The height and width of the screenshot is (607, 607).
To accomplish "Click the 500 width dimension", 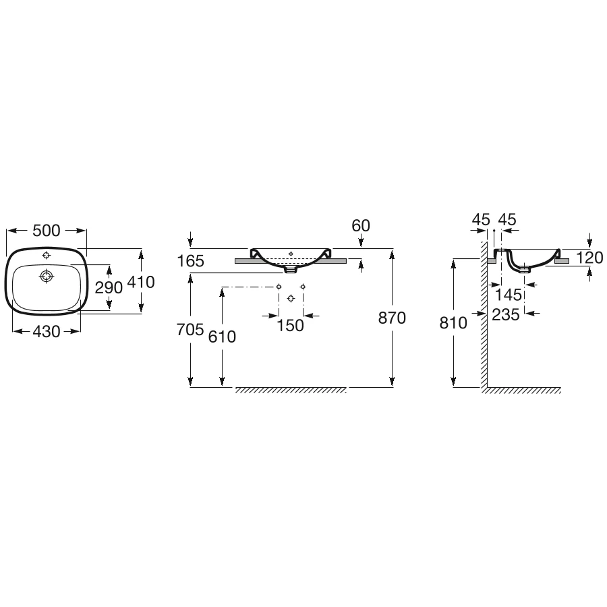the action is (47, 231).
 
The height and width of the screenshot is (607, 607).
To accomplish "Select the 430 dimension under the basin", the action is (47, 332).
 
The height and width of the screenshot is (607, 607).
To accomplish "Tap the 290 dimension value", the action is (109, 287).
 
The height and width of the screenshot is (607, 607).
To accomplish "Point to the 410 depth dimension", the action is (141, 282).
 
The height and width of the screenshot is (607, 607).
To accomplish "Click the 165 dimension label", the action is (190, 261).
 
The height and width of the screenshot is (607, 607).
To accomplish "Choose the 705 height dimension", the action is (190, 330).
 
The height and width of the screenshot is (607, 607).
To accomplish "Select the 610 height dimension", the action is (222, 337).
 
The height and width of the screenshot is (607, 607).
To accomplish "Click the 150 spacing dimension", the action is (290, 326).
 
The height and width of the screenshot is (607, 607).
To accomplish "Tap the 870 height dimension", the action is (392, 318).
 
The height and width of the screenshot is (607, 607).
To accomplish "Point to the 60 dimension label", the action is (361, 226).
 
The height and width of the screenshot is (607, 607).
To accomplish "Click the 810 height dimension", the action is (453, 323).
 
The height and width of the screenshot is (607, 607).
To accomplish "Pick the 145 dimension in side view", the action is (509, 295).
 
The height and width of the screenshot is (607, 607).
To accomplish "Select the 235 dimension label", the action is (506, 315).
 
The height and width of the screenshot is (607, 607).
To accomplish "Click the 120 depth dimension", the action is (590, 258).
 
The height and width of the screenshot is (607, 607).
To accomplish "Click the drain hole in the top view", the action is (47, 277).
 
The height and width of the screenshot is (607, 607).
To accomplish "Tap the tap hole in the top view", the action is (47, 255).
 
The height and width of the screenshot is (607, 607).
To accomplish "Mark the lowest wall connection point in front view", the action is (291, 298).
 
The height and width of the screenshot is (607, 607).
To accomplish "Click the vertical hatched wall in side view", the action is (484, 314).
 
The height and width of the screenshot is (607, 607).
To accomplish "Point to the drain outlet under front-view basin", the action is (291, 269).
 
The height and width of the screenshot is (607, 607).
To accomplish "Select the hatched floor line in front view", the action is (291, 391).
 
